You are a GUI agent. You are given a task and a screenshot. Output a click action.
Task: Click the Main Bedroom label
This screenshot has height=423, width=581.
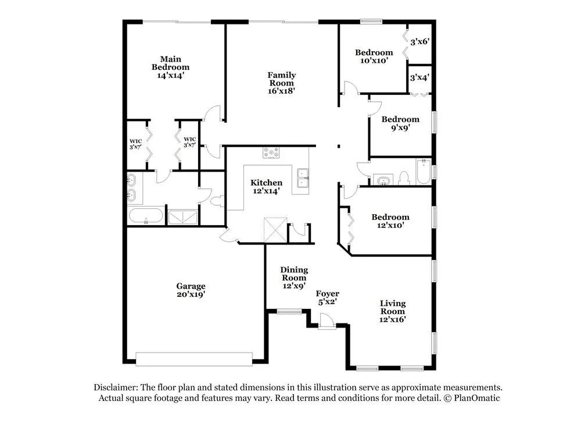point(170,63)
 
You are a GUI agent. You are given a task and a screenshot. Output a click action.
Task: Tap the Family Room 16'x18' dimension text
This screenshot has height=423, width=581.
point(282,91)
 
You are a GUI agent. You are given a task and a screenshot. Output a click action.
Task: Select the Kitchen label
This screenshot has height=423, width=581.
point(267,183)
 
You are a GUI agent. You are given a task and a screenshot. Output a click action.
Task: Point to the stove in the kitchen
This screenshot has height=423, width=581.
point(271,152)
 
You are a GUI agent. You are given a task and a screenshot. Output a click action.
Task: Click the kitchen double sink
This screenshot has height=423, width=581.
point(303,178)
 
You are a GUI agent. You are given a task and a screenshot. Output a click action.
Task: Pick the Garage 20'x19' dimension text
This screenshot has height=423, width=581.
point(191,294)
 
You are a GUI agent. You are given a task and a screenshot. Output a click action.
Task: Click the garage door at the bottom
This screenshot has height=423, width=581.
point(194,359)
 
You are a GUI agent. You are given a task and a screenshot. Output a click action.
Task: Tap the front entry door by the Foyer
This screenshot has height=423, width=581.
point(327,321)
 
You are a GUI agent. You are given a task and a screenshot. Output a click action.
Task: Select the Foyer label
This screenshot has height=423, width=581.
point(328,293)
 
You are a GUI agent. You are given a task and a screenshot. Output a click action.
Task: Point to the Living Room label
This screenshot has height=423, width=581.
point(393,307)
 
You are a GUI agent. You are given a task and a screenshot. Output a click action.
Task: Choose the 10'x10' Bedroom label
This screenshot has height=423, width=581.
point(374,52)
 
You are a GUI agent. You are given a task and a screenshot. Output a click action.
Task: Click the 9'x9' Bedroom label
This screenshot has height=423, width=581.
point(400,119)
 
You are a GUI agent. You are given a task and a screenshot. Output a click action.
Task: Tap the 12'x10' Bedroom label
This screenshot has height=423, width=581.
point(390,217)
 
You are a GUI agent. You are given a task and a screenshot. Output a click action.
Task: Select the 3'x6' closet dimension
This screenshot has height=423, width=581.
point(420,41)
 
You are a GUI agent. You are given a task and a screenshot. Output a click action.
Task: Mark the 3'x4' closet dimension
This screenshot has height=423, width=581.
point(419,77)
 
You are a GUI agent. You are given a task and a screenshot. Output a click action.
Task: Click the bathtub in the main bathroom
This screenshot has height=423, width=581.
point(146,216)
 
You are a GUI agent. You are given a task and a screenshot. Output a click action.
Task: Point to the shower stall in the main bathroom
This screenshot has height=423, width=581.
point(182,217)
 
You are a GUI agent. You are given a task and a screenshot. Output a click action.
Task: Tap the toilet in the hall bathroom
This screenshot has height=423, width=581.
point(404,178)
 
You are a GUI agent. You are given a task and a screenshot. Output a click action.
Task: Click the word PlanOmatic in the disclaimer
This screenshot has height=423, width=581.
point(477,398)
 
